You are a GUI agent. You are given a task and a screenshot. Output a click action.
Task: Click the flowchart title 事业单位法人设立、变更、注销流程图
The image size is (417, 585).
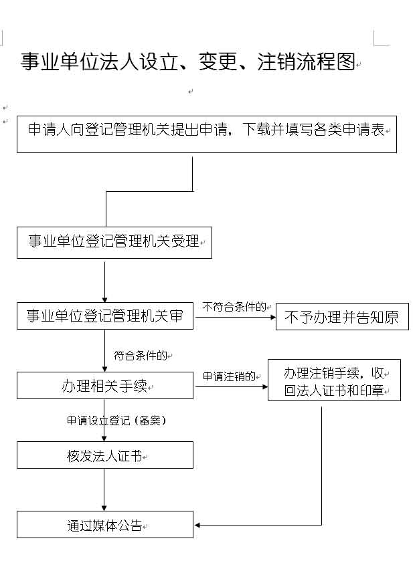pos(187,62)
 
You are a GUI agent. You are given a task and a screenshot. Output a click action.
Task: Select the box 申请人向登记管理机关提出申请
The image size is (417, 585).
pos(207,134)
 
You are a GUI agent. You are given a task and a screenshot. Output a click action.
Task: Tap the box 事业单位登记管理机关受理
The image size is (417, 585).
pos(114,243)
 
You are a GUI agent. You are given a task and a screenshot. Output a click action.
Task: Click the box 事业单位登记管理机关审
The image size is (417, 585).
pos(105,316)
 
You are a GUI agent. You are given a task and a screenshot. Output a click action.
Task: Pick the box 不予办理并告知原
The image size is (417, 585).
pos(342,317)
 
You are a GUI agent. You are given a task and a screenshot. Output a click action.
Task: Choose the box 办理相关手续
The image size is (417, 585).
pos(105,385)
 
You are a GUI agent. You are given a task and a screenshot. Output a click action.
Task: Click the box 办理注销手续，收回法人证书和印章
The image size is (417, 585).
pos(335,380)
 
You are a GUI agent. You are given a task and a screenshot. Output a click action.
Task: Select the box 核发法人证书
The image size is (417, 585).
pos(105,455)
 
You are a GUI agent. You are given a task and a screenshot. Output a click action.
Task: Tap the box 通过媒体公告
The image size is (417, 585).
pos(105,525)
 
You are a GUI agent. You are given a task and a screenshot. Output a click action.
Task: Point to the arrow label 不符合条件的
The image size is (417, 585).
pos(234,307)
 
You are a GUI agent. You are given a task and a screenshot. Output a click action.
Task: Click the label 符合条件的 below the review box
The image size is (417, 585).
pos(141,356)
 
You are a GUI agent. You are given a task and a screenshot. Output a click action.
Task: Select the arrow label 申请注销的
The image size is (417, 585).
pos(229,376)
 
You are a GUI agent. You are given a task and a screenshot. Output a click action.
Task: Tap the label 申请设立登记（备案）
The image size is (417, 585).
pos(116,421)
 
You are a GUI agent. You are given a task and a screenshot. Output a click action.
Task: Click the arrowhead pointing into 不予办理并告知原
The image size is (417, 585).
pos(273,317)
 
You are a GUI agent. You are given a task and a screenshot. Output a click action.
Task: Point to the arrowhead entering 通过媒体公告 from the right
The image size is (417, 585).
pos(197,525)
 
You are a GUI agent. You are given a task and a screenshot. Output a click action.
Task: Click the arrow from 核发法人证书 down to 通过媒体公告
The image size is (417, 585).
pos(104,490)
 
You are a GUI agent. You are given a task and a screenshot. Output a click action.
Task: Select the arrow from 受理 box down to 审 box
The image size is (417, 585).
pos(104,282)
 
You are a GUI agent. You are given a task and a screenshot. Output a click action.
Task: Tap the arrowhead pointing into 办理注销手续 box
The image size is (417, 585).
pos(265,386)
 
